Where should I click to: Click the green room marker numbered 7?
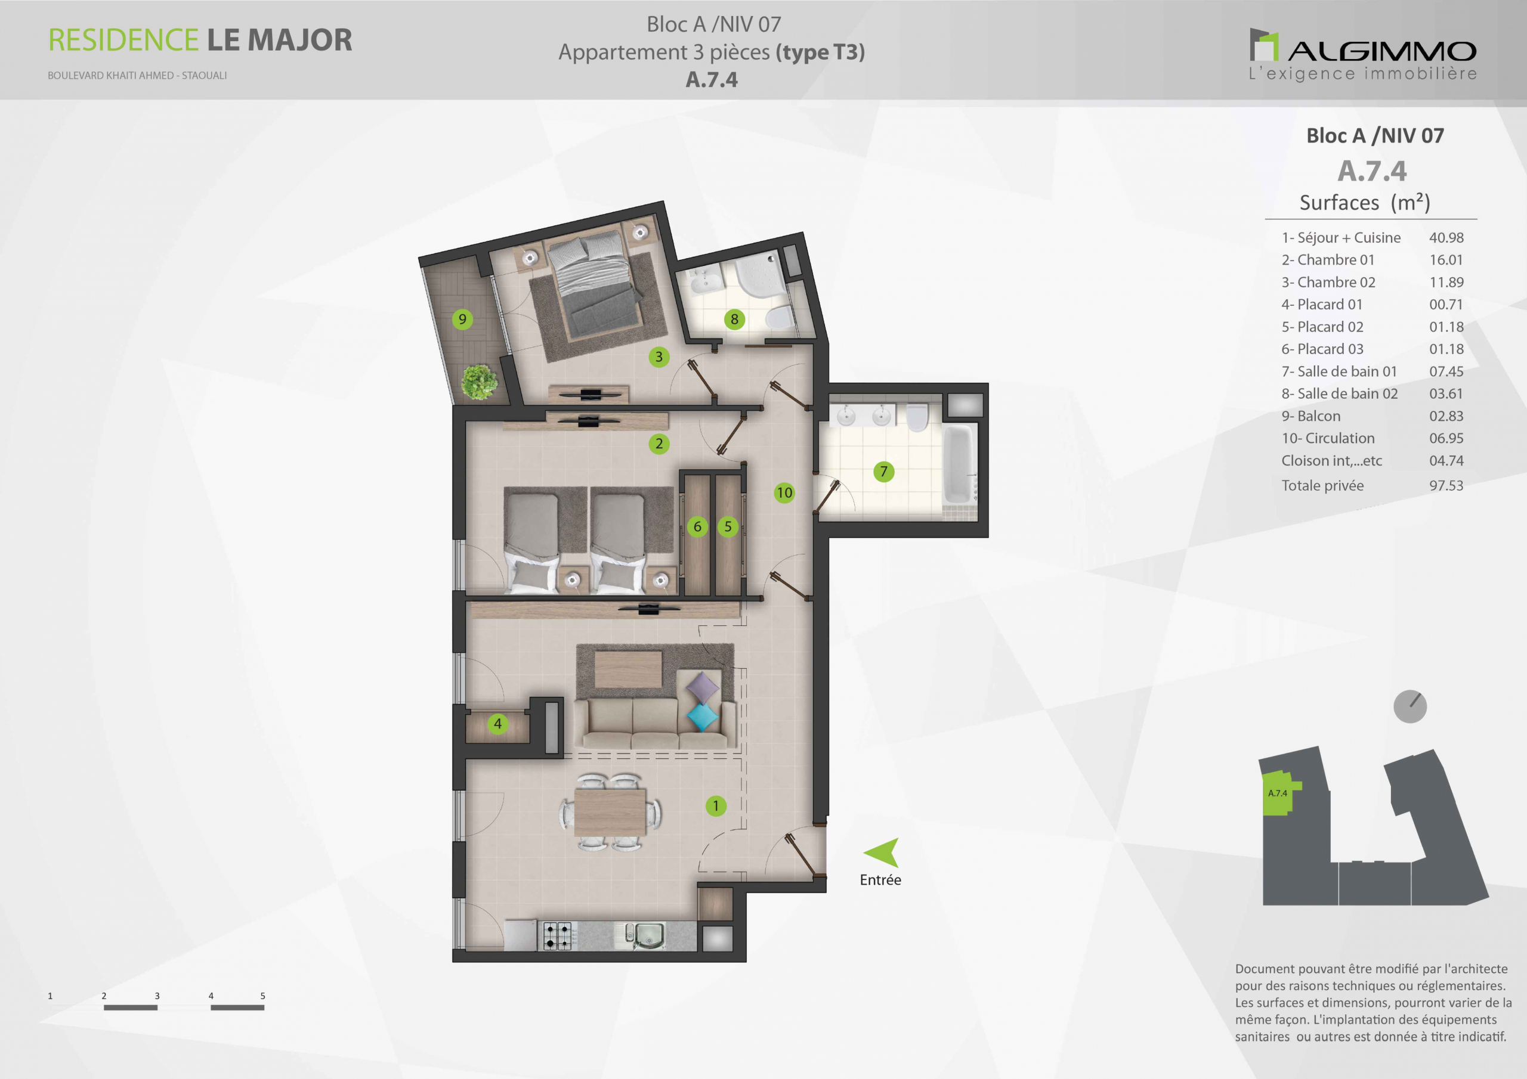[883, 472]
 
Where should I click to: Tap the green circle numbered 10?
[784, 492]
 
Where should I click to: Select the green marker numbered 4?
[497, 723]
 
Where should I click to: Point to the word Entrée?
[880, 879]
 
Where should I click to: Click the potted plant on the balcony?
[479, 382]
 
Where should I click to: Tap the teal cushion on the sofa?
[702, 717]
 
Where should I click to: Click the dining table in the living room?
[610, 812]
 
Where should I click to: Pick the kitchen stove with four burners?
[557, 935]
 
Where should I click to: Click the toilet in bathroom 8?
[780, 318]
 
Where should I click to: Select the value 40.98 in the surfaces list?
[1446, 237]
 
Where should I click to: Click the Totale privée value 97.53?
[1446, 485]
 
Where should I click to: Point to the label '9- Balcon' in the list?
[1311, 416]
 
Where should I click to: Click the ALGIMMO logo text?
[1382, 51]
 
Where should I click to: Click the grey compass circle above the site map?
[1410, 706]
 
